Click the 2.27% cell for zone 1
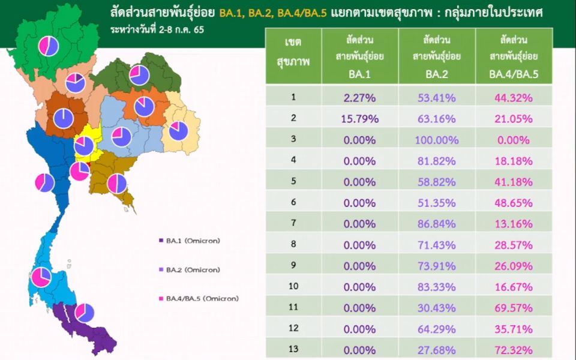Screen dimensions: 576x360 [359, 98]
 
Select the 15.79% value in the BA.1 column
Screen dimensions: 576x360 [359, 119]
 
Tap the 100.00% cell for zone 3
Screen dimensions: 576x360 [437, 140]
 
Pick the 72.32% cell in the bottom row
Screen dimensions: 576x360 [514, 350]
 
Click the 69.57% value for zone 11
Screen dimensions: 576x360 [514, 308]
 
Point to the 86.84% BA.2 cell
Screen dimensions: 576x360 [437, 224]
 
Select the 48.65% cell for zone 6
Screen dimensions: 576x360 [514, 203]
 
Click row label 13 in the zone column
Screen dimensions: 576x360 [293, 349]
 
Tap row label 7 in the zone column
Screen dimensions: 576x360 [293, 223]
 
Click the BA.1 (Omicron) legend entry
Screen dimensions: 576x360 [190, 241]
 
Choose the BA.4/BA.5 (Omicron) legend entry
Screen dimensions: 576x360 [199, 299]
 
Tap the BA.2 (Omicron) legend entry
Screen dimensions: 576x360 [190, 270]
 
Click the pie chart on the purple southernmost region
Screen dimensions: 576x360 [85, 313]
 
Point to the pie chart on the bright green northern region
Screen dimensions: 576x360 [49, 46]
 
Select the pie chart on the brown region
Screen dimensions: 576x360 [64, 118]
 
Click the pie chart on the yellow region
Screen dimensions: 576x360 [84, 146]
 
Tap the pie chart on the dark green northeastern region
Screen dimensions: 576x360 [139, 76]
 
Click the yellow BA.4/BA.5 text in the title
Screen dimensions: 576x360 [302, 13]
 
